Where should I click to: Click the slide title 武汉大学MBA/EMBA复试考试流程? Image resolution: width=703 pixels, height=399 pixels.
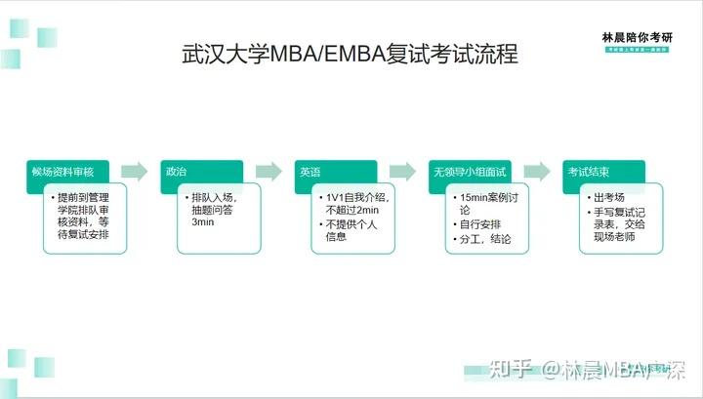point(351,53)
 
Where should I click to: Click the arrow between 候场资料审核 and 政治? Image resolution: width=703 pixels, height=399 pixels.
point(136,172)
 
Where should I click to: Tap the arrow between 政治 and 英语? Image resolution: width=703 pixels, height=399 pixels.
point(269,172)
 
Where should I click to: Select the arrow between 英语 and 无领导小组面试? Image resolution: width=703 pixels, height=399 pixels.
point(404,172)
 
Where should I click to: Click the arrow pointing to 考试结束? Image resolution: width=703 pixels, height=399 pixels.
point(538,172)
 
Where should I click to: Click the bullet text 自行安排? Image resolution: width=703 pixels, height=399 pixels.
point(483,224)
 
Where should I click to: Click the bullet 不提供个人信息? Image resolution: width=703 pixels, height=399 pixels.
point(351,230)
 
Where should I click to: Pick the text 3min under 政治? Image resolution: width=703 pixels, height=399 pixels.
point(202,223)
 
